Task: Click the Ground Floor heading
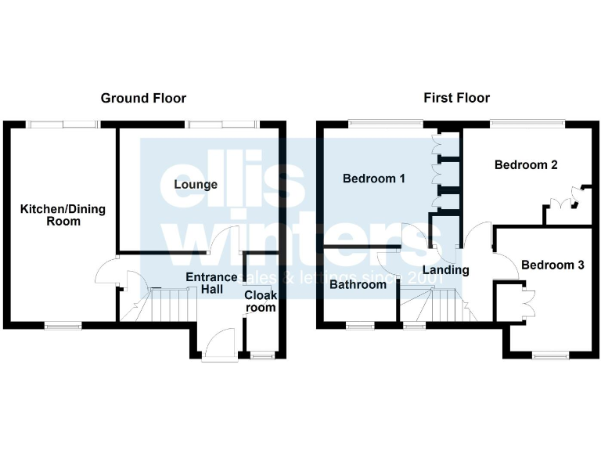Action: coord(143,98)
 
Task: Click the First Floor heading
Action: coord(456,98)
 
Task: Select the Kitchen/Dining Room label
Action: coord(63,215)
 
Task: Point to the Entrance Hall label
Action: coord(211,283)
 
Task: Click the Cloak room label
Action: coord(260,301)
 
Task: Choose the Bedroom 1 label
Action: coord(374,179)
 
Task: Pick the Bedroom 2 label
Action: coord(526,165)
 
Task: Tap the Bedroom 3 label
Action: coord(552,265)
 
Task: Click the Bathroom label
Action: coord(358,285)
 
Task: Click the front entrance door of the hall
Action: coord(219,345)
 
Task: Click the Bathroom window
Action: coord(360,324)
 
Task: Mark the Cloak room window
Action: coord(262,356)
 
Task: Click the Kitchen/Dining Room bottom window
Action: coord(63,324)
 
